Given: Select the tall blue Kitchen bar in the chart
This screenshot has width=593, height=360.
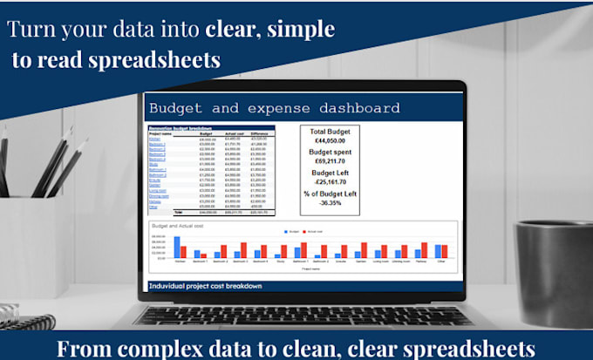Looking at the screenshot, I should pyautogui.click(x=177, y=248).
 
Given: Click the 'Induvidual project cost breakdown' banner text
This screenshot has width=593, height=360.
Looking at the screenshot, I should pyautogui.click(x=206, y=286).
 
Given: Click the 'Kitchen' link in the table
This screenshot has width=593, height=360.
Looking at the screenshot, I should pyautogui.click(x=154, y=139).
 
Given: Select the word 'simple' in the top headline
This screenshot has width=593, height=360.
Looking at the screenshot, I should pyautogui.click(x=301, y=29).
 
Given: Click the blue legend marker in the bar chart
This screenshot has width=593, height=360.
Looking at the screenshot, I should pyautogui.click(x=287, y=231).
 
